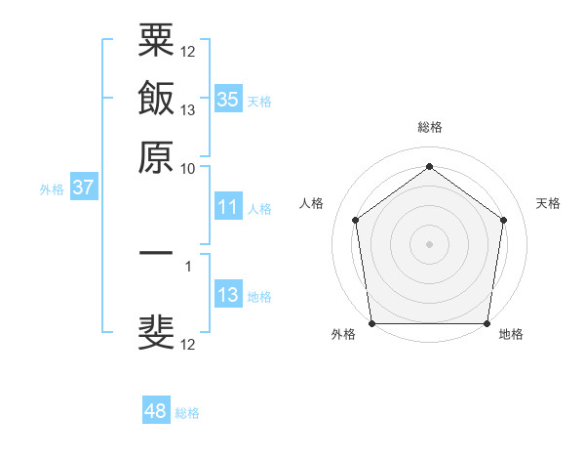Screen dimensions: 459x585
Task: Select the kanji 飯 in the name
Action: click(x=156, y=100)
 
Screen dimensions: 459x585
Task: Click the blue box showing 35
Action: click(x=227, y=100)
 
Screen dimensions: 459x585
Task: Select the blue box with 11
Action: click(x=227, y=207)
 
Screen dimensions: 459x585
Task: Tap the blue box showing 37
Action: click(x=83, y=188)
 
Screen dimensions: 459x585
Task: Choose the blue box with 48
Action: click(x=156, y=411)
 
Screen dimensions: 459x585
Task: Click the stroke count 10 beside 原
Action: click(x=188, y=168)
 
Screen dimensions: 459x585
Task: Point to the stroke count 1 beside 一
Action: click(x=188, y=264)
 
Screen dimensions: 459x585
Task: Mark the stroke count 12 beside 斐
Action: click(x=188, y=345)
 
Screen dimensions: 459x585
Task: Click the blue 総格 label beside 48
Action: click(x=187, y=413)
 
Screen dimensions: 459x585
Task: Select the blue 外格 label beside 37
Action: click(x=52, y=189)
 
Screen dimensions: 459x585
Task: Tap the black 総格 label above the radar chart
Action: click(x=429, y=127)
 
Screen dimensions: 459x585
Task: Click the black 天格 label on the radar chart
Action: click(x=548, y=203)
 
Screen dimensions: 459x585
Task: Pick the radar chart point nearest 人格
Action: click(x=355, y=220)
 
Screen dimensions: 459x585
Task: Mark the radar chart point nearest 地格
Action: click(x=487, y=323)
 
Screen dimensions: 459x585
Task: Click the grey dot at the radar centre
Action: click(x=429, y=243)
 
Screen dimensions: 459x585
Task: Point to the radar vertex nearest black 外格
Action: click(x=371, y=323)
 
